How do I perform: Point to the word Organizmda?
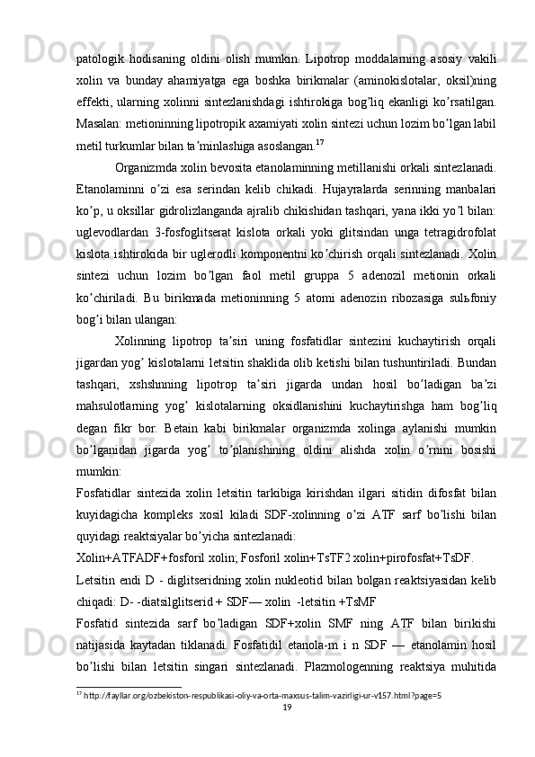pos(151,169)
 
